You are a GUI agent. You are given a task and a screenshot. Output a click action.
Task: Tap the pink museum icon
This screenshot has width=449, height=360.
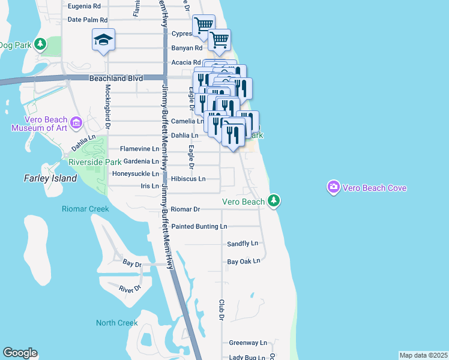point(76,124)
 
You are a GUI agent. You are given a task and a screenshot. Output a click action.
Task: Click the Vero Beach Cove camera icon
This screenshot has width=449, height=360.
point(333,188)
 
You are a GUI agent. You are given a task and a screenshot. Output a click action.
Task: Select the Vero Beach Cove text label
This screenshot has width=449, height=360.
point(375,188)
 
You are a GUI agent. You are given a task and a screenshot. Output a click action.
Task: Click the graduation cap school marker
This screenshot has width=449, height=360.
point(103,40)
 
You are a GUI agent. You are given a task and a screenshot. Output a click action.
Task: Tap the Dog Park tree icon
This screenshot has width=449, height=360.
point(40,44)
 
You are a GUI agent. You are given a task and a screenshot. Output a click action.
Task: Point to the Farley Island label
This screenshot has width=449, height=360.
point(50,178)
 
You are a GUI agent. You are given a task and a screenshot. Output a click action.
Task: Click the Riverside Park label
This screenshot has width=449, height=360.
point(95,162)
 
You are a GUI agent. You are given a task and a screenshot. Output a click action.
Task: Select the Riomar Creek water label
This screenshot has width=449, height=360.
point(85,209)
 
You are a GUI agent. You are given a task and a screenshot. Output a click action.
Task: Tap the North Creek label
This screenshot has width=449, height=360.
point(116,323)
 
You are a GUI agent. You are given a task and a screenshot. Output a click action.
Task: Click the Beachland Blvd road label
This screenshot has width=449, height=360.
point(117,78)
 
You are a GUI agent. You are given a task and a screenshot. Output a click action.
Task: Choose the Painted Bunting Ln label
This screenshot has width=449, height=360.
point(199,227)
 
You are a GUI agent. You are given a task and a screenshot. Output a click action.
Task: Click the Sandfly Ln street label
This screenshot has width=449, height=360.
point(242,244)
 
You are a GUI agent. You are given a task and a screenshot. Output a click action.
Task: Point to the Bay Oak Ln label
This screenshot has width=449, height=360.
point(244,261)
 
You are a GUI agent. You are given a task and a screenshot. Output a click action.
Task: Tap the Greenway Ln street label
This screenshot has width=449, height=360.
point(247,343)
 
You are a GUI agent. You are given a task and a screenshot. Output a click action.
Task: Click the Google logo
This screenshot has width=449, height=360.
point(20,353)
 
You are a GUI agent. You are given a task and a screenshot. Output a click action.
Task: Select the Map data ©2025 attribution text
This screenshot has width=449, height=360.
point(423,355)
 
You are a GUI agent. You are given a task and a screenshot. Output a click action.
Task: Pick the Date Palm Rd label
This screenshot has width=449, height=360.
point(87,20)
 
